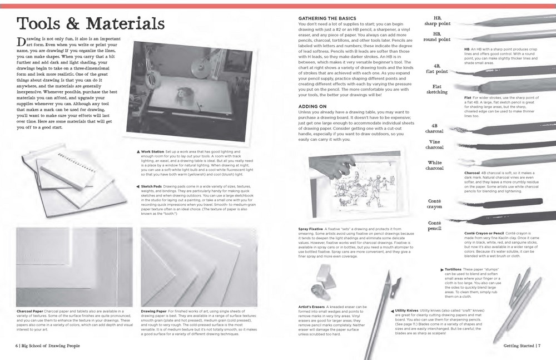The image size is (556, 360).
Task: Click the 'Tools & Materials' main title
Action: [91, 24]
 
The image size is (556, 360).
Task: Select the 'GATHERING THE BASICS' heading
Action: [326, 19]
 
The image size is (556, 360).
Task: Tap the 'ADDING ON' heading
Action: [312, 105]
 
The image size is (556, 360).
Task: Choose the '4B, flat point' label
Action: [436, 68]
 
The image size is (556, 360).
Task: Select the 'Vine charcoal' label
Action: [434, 145]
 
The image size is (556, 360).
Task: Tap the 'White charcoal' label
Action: [434, 165]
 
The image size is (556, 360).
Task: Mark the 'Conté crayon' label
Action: [434, 204]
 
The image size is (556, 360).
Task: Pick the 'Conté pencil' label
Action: [434, 225]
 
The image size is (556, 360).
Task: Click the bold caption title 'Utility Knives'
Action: [407, 309]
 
